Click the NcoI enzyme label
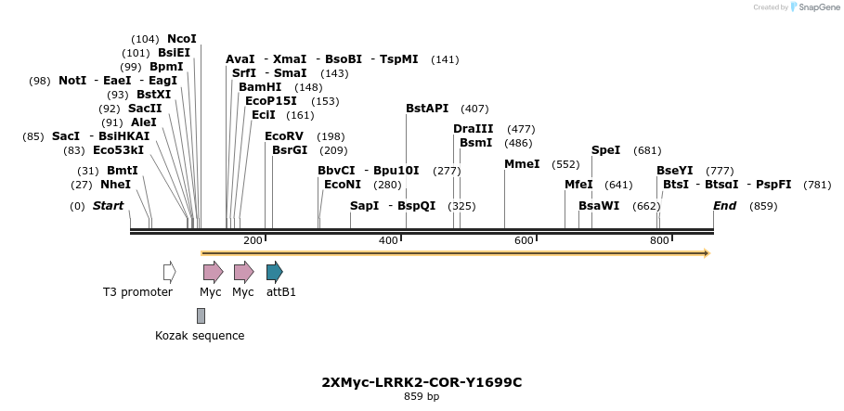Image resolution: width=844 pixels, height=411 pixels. click(x=182, y=39)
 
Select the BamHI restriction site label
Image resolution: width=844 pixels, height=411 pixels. click(x=260, y=87)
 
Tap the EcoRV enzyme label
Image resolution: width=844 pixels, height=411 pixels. click(x=284, y=136)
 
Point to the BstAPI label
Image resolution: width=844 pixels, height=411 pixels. click(x=427, y=109)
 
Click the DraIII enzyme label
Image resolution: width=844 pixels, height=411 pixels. click(x=473, y=129)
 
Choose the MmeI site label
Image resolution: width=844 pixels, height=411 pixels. click(x=522, y=164)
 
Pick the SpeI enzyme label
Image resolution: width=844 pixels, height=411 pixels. click(x=605, y=150)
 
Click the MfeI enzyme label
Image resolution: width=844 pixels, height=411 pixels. click(x=578, y=185)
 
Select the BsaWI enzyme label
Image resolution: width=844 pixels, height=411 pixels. click(x=599, y=206)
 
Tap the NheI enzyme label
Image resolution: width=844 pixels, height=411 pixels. click(x=115, y=185)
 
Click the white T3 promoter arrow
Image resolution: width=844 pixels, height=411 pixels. click(x=169, y=272)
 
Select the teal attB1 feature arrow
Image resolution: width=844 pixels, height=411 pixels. click(x=274, y=272)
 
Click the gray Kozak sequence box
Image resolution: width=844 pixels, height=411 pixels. click(x=201, y=316)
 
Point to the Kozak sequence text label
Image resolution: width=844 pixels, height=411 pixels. click(x=200, y=336)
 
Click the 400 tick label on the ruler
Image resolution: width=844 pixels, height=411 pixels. click(x=388, y=241)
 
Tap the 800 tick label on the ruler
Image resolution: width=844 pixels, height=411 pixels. click(x=659, y=241)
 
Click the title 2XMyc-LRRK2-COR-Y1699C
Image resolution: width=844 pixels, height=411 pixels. click(x=421, y=382)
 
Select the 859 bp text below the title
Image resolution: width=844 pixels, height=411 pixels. click(x=422, y=397)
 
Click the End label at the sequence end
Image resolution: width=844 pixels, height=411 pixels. click(x=724, y=206)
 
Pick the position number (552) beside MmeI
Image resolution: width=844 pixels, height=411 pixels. click(x=565, y=164)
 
